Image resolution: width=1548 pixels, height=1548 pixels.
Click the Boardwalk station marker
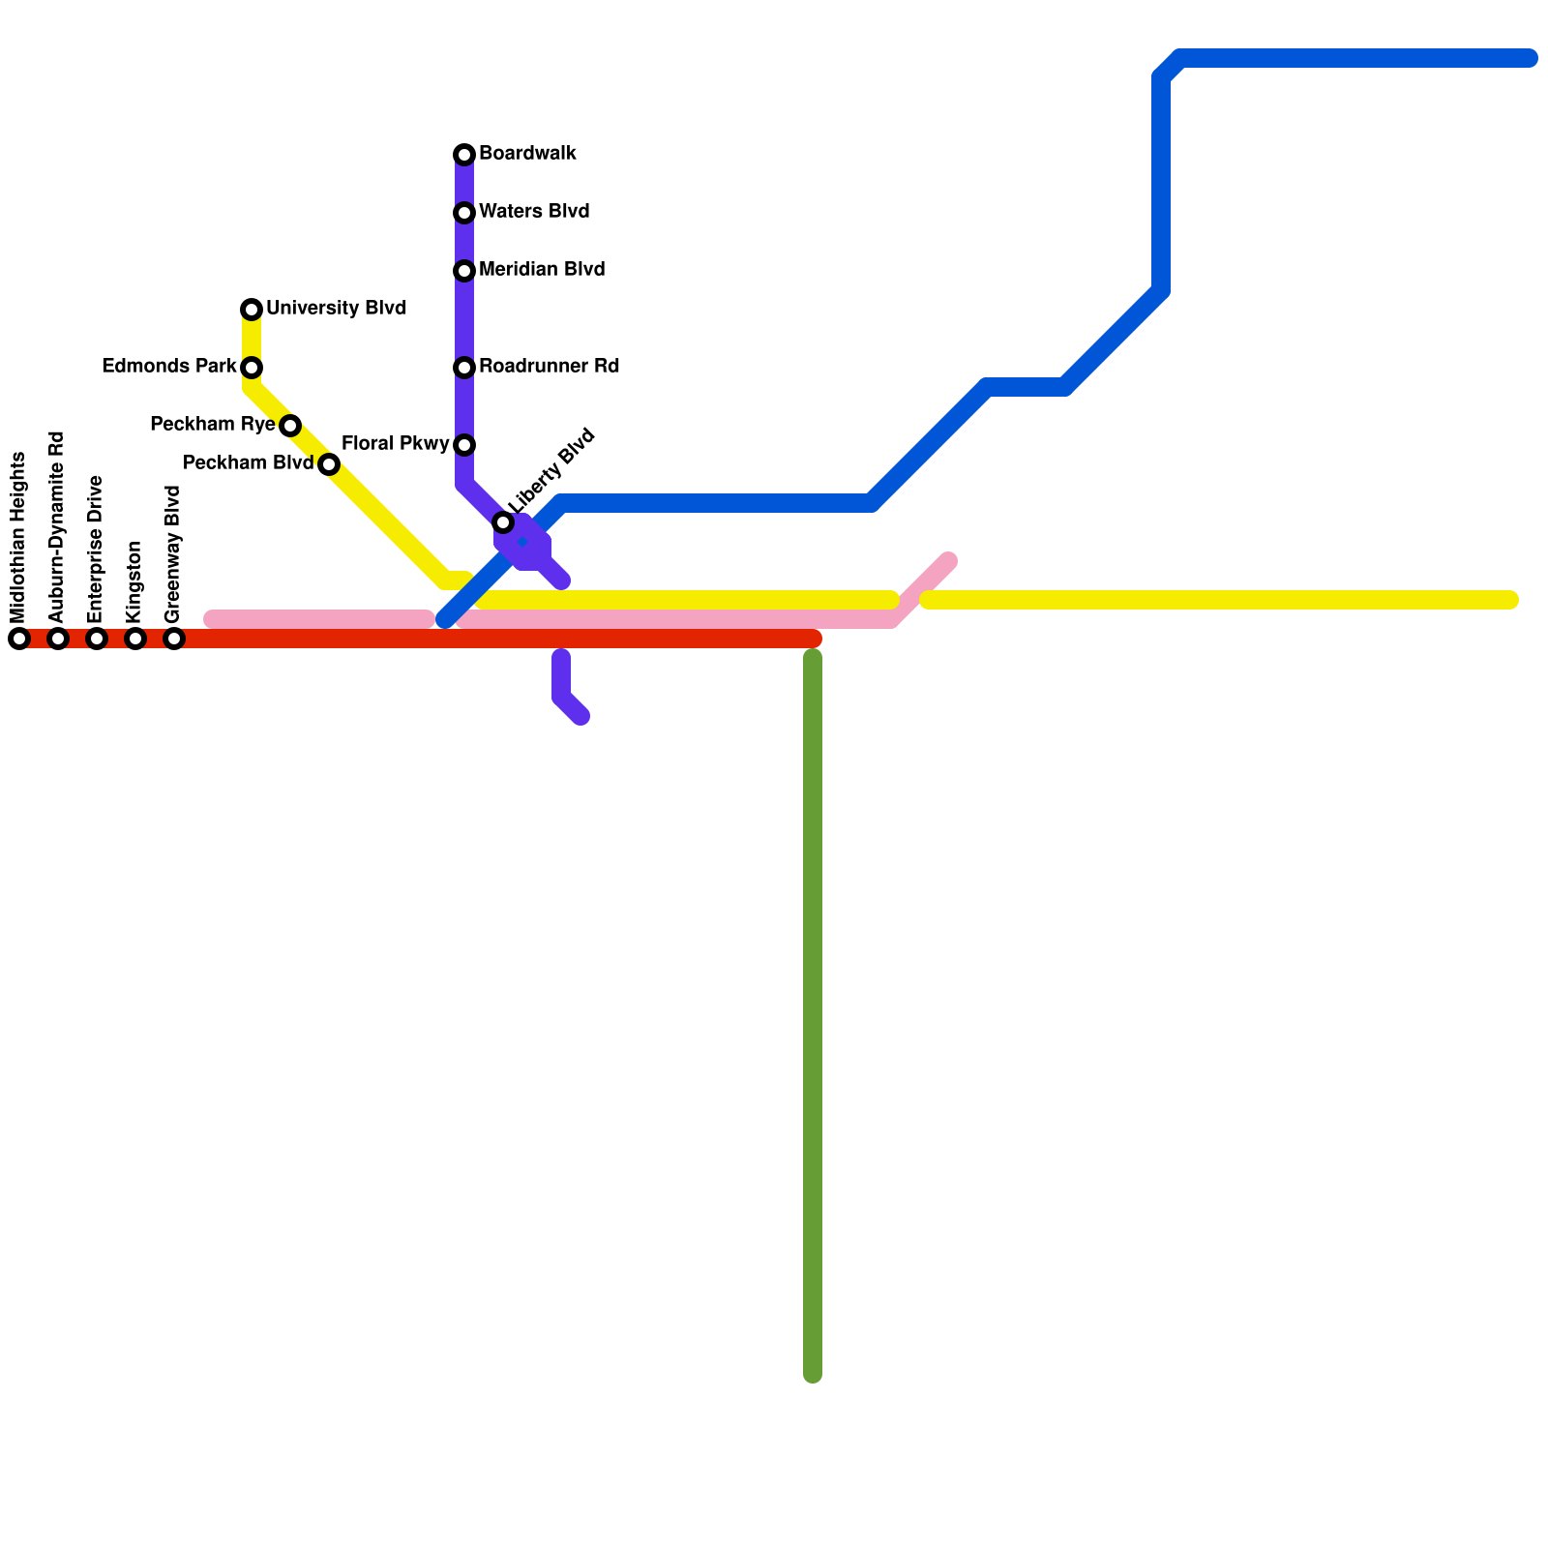coord(464,155)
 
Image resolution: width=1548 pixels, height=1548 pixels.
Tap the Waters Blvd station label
coord(533,212)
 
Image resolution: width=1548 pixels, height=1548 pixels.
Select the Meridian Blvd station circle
coord(464,271)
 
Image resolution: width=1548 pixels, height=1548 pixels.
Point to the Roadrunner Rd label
coord(549,367)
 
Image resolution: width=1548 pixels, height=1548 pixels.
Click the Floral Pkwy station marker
coord(464,445)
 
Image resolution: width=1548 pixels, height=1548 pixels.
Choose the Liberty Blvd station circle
coord(503,522)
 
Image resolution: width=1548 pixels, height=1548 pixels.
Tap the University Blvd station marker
coord(252,310)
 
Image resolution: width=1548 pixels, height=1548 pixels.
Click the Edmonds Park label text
coord(169,367)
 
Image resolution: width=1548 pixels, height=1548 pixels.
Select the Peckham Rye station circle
coord(290,426)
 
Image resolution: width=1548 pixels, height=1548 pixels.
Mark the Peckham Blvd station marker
coord(329,464)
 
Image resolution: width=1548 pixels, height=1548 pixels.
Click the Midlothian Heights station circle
coord(19,639)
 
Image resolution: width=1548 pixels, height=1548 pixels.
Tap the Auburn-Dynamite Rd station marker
coord(58,639)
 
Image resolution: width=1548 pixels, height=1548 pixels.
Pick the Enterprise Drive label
coord(95,550)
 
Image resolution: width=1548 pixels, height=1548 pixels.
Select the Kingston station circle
coord(135,639)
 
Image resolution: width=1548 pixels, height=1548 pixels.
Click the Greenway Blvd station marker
coord(174,639)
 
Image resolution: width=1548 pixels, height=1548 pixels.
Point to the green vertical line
coord(813,1016)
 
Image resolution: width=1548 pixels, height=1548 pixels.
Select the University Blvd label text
coord(336,309)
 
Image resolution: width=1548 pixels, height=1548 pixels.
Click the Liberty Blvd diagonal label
coord(551,470)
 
